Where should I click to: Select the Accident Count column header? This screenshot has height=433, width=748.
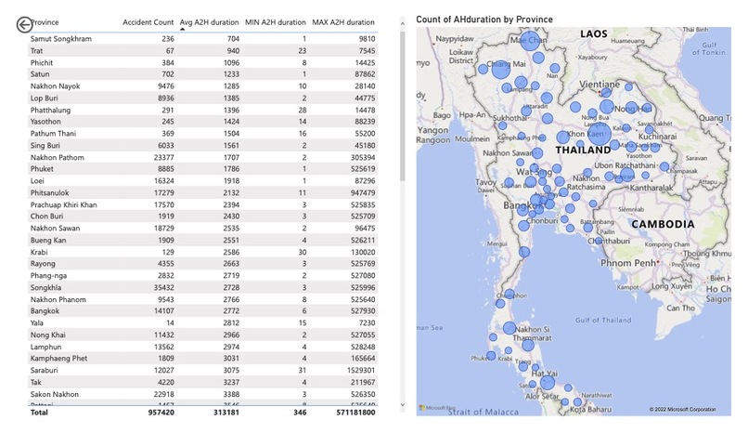click(x=148, y=21)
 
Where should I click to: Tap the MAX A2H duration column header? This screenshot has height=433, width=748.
click(x=344, y=21)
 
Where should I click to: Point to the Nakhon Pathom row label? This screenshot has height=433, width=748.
click(x=58, y=158)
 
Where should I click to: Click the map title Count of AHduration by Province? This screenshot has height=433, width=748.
click(x=484, y=20)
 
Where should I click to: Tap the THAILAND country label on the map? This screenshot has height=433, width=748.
click(x=583, y=150)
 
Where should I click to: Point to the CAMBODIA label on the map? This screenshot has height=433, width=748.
click(x=662, y=225)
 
